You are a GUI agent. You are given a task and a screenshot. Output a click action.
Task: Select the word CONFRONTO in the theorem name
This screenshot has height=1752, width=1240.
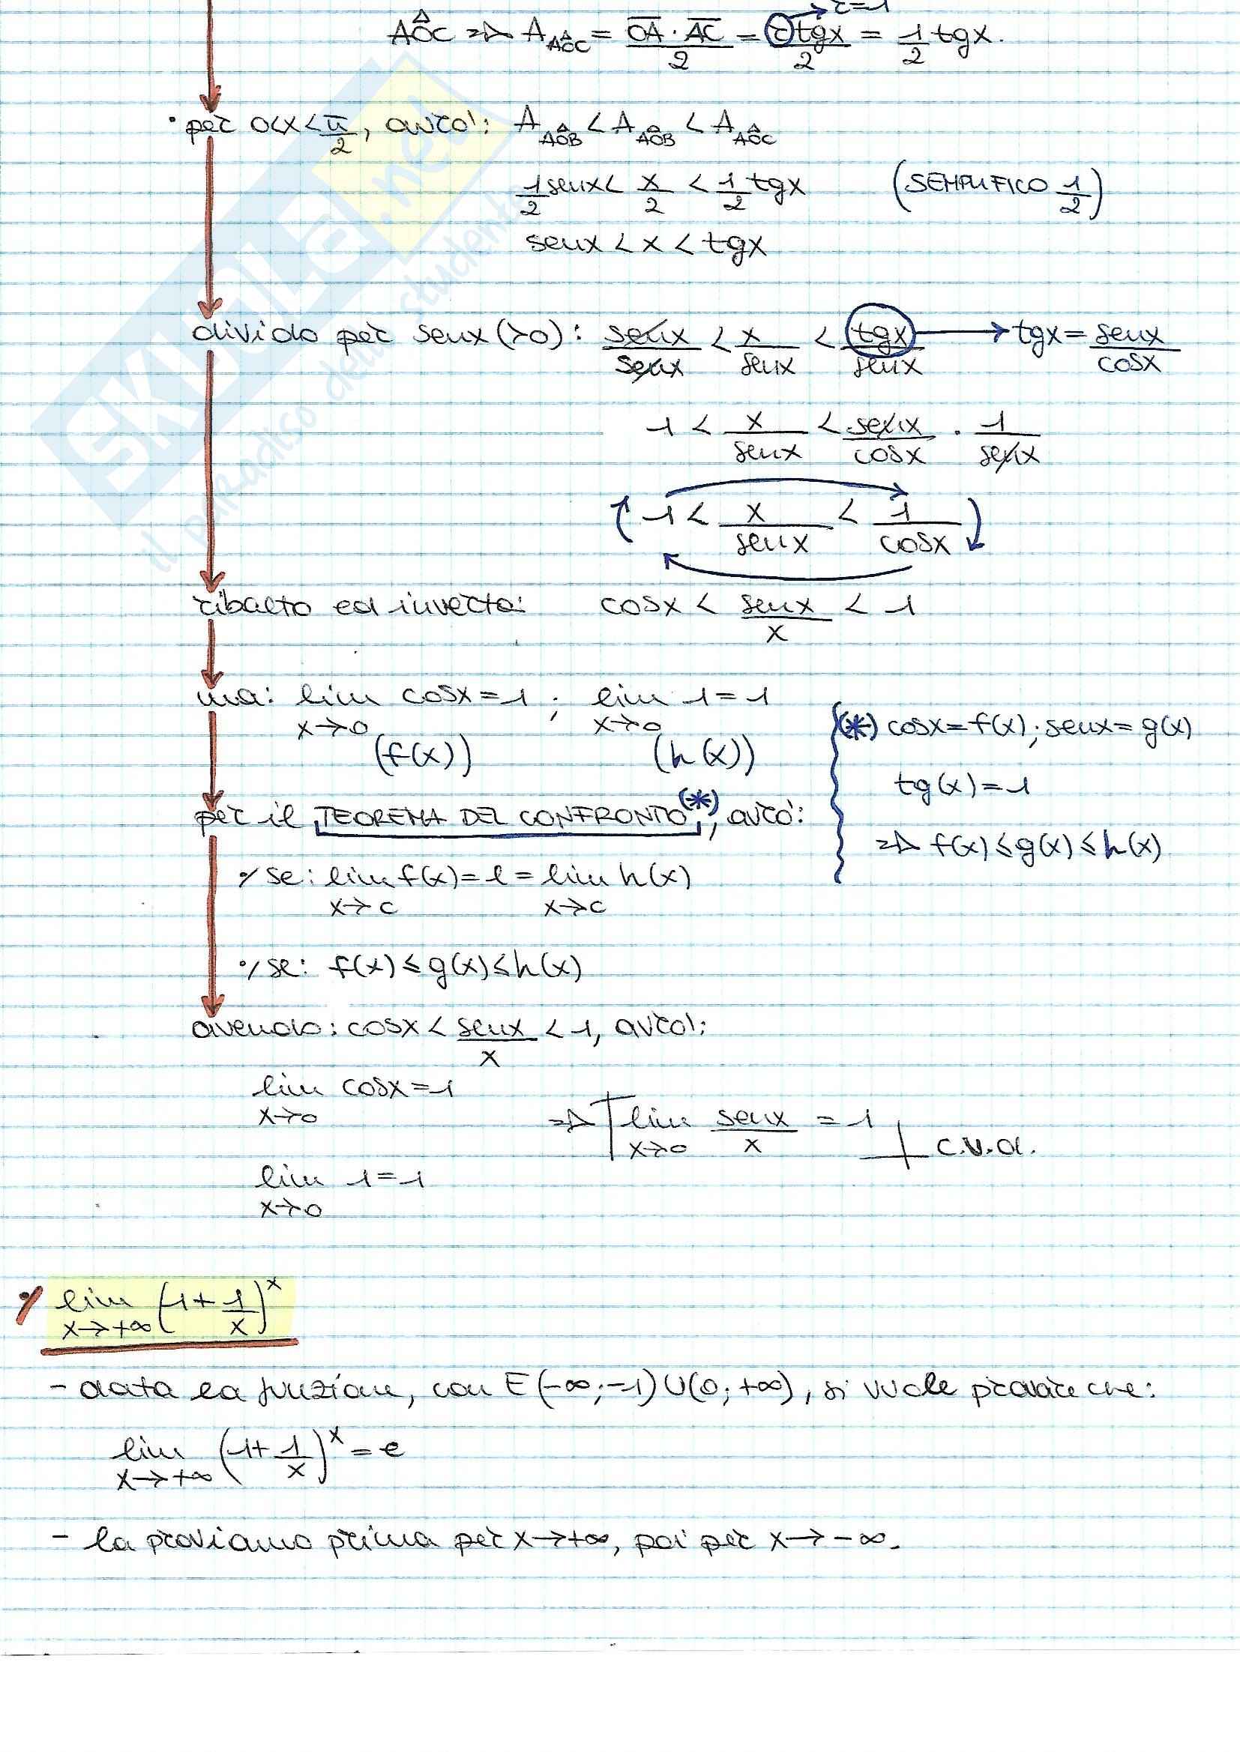pyautogui.click(x=603, y=817)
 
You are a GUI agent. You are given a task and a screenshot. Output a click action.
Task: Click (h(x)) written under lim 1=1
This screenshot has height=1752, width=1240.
pyautogui.click(x=703, y=756)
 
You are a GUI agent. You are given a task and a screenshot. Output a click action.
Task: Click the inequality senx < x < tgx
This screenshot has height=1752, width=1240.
pyautogui.click(x=645, y=244)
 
